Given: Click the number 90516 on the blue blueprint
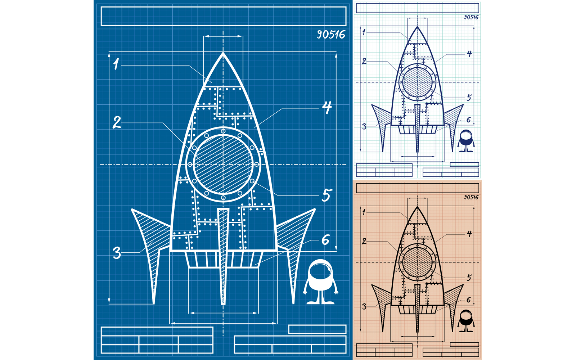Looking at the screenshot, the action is point(331,35).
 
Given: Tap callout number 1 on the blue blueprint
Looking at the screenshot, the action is point(116,64).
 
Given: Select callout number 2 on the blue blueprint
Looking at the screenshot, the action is point(117,122).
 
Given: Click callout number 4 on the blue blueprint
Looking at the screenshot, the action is point(327,108).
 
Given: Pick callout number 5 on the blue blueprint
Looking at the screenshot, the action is point(327,195).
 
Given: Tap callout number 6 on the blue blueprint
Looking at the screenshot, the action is point(325,240).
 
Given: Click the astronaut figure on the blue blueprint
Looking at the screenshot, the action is point(321,282).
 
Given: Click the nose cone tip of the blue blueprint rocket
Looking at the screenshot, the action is point(223,53).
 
